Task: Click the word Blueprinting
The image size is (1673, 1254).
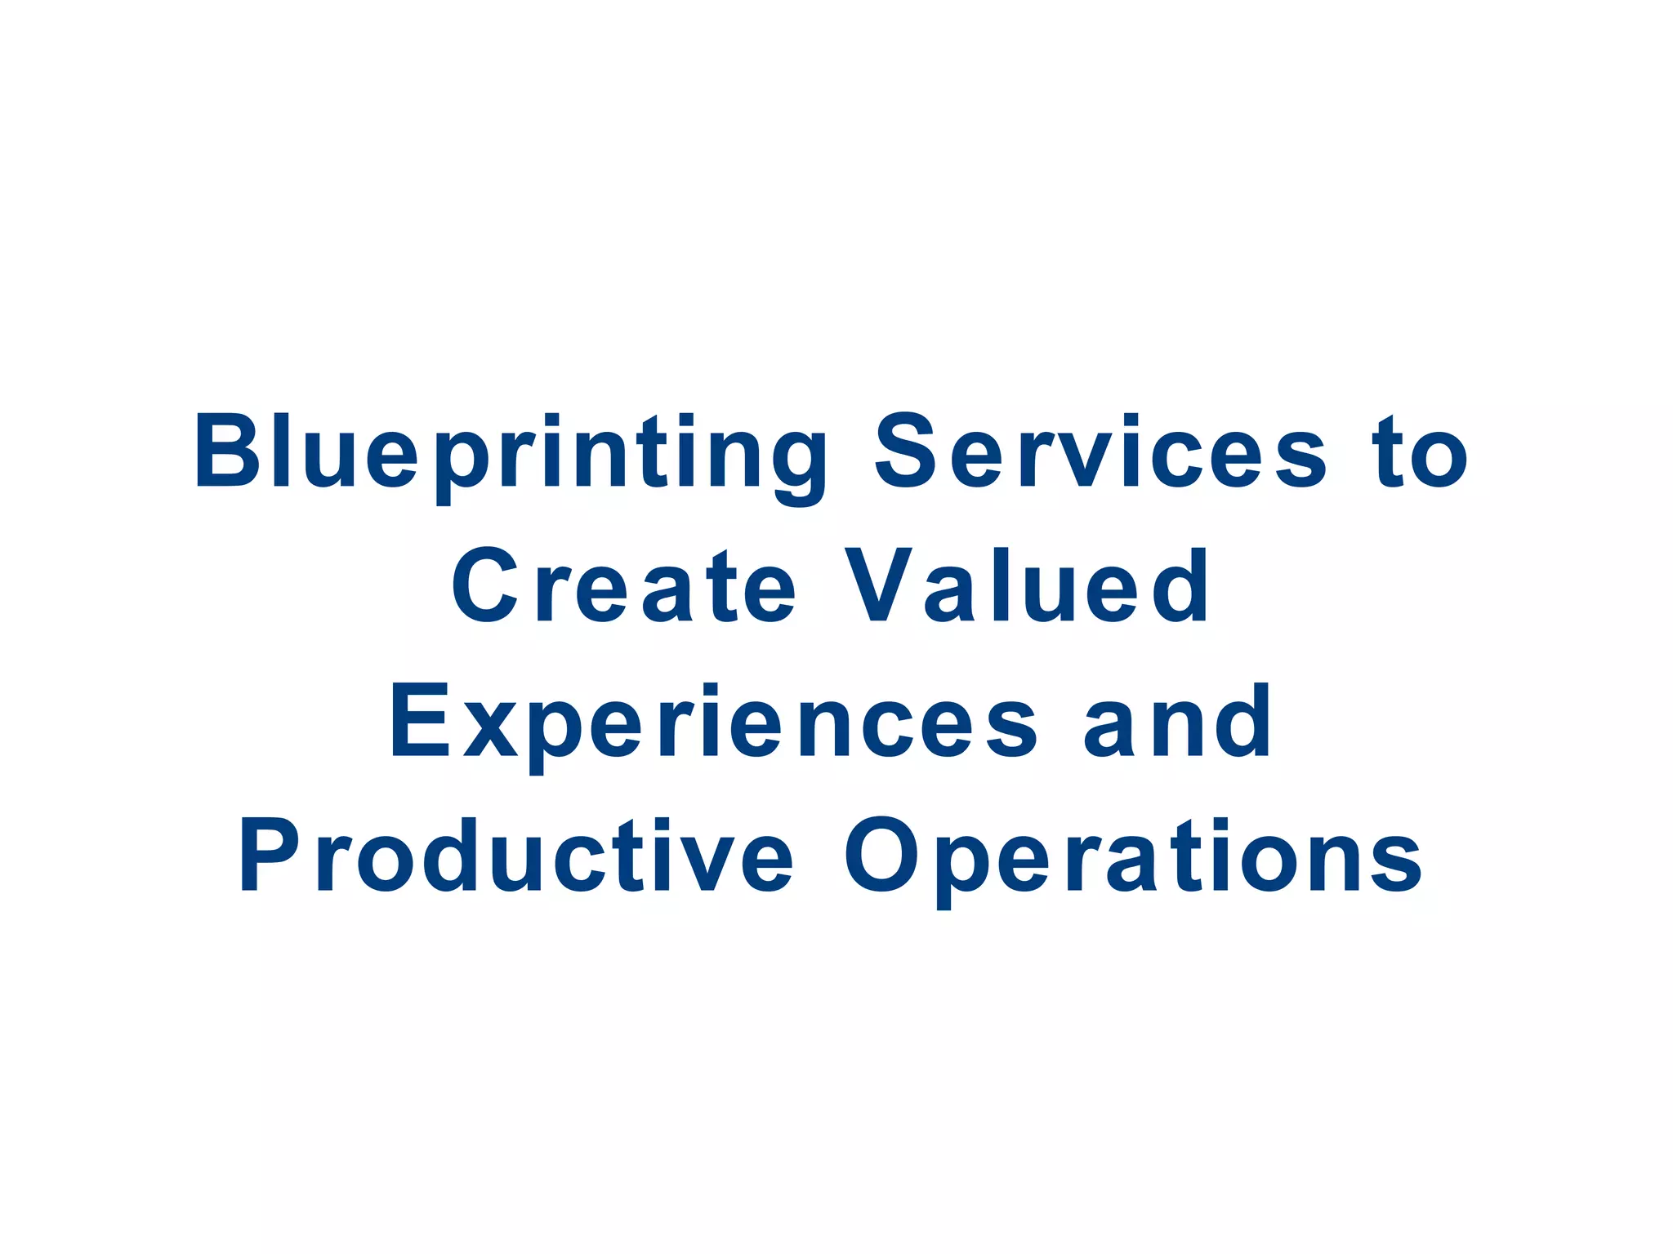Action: pyautogui.click(x=511, y=454)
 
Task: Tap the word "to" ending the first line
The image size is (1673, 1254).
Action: pyautogui.click(x=1422, y=453)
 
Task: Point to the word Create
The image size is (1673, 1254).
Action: pyautogui.click(x=624, y=586)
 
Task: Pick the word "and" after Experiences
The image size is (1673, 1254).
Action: pyautogui.click(x=1177, y=722)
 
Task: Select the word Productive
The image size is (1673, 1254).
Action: pyautogui.click(x=515, y=856)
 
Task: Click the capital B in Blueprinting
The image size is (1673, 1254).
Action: pyautogui.click(x=221, y=451)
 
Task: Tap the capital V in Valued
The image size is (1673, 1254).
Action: pyautogui.click(x=879, y=586)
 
